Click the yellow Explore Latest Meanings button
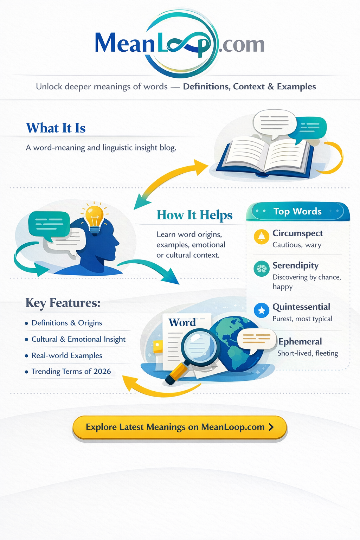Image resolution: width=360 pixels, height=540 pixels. pos(180,427)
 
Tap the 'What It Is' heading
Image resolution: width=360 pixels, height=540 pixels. pos(56,128)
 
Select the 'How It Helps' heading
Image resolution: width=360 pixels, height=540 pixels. pos(194,215)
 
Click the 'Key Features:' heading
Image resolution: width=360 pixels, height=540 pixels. pos(63,303)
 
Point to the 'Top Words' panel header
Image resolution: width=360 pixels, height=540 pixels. pos(298,211)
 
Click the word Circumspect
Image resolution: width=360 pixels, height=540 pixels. pos(297,233)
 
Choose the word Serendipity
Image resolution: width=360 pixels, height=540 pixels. pos(295,266)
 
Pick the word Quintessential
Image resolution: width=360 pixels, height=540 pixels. pos(301,307)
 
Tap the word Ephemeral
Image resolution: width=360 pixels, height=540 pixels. pos(300,342)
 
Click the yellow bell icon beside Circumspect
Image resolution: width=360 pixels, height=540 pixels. pos(261,237)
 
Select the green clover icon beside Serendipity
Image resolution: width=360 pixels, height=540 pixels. pos(261,269)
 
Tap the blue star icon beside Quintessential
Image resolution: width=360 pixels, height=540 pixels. pos(261,310)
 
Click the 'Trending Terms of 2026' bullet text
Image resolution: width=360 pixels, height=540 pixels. pos(71,372)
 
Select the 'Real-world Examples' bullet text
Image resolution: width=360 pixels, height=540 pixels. pos(67,355)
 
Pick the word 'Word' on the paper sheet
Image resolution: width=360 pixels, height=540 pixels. pos(182,322)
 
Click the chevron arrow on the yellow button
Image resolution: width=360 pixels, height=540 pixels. pos(271,427)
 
